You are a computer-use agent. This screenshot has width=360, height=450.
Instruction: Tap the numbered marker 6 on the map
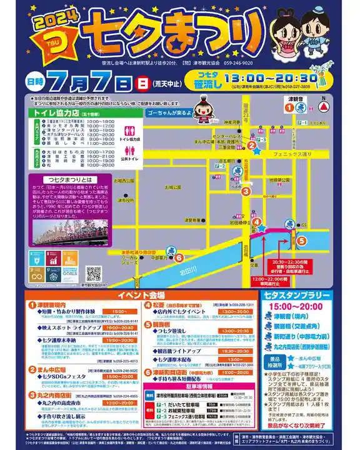[179, 257]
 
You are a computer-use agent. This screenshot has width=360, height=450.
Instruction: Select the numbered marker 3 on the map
[247, 191]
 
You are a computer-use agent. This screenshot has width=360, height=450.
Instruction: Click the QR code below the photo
[94, 274]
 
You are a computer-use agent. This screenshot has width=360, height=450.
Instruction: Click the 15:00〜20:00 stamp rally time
[307, 306]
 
